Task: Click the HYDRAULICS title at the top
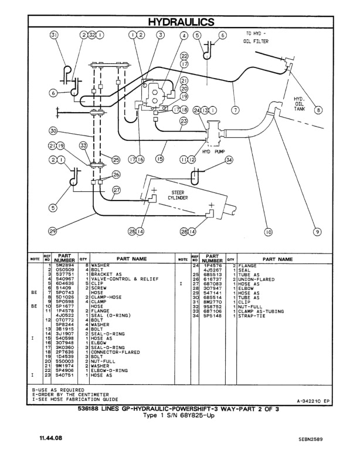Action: (x=181, y=22)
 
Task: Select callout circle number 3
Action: (x=160, y=35)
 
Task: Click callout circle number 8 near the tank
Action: (x=318, y=109)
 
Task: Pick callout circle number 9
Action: (x=317, y=232)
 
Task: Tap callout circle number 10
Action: (x=269, y=232)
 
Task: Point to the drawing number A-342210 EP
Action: (x=317, y=401)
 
